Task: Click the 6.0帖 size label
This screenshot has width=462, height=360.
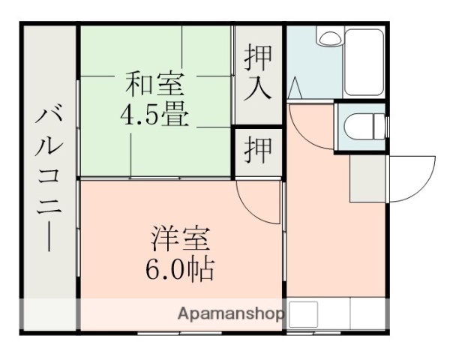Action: tap(180, 268)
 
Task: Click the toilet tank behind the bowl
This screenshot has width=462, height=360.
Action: tap(379, 127)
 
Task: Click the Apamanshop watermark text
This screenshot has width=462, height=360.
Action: tap(231, 313)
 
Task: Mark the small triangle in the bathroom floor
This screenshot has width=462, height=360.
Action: tap(294, 90)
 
